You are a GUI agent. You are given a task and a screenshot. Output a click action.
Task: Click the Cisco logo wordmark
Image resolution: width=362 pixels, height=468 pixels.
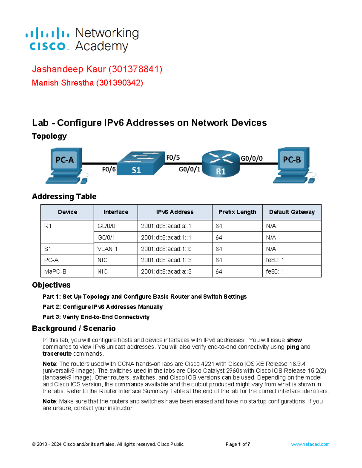(47, 46)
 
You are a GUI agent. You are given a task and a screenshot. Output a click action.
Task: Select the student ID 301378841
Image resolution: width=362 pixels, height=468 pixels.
(135, 69)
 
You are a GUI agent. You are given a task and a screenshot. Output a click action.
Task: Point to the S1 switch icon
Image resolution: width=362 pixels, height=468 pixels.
(140, 164)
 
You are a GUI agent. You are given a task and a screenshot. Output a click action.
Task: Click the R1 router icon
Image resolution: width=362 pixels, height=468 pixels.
(221, 164)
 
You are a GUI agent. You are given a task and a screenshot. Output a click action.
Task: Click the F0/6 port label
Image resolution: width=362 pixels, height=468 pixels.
(109, 169)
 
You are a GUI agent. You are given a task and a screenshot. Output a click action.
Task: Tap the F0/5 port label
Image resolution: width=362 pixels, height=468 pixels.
(173, 158)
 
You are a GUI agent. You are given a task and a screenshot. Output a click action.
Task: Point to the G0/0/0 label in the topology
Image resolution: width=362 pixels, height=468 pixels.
(251, 159)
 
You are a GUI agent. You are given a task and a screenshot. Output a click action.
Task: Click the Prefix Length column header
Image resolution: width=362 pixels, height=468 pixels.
(237, 212)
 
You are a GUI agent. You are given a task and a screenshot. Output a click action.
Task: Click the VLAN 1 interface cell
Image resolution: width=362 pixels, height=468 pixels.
(107, 249)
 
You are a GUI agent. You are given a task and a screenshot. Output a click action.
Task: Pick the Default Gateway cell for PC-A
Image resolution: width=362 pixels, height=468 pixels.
(275, 260)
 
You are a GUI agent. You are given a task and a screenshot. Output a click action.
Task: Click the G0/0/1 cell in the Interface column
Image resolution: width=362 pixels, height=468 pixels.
(106, 237)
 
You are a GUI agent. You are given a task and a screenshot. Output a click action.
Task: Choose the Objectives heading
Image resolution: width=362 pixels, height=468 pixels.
(51, 285)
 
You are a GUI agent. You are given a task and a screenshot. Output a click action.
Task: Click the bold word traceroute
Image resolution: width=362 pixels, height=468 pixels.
(57, 354)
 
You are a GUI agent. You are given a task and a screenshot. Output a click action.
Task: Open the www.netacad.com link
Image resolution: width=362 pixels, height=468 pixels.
(310, 444)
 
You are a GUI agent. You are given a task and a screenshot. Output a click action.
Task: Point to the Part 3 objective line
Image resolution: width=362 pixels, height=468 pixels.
(96, 317)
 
